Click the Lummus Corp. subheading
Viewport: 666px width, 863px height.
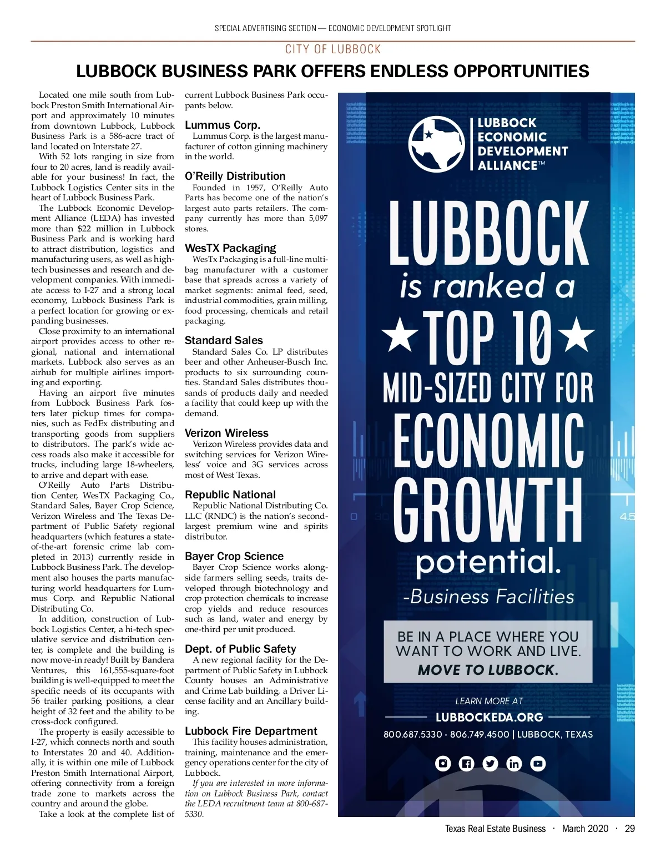222,125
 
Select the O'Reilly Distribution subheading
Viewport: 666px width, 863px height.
235,176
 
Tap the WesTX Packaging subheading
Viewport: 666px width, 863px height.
230,248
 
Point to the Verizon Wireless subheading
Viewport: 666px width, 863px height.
226,433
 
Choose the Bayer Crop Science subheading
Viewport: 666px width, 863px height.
234,556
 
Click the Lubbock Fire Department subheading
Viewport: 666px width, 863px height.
251,731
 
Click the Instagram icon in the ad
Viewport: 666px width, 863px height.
443,764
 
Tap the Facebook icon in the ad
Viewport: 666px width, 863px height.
467,764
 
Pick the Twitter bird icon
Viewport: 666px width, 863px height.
491,764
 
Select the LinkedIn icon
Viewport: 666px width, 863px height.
514,764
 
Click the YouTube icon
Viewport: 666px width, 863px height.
538,764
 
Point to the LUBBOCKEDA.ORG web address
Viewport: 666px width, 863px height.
489,717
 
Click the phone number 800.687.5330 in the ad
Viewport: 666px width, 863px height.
412,734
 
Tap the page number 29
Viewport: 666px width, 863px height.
629,829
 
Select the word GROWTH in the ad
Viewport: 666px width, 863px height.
488,511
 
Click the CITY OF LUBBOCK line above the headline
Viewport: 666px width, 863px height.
333,49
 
